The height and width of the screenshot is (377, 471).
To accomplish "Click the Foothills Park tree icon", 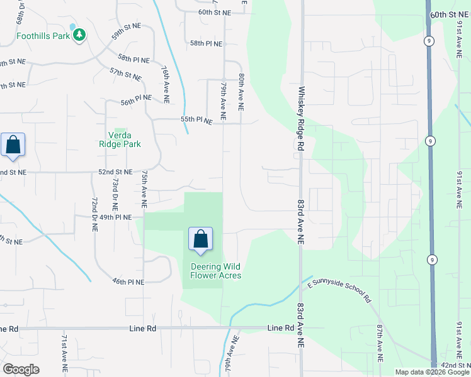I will (x=80, y=36).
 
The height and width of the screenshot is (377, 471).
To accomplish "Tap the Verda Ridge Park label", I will (x=120, y=139).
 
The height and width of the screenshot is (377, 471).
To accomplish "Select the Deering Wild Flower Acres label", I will (x=216, y=271).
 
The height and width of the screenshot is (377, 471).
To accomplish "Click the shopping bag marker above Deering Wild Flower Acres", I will (x=201, y=240).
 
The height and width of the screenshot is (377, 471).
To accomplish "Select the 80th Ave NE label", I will (x=241, y=92).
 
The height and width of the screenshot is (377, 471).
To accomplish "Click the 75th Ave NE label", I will (x=144, y=188).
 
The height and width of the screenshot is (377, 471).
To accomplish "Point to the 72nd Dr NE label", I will (x=94, y=214).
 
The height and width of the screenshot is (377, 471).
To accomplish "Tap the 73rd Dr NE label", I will (x=115, y=193).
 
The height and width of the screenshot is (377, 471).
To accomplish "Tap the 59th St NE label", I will (x=127, y=31).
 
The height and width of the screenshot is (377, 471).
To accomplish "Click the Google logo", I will (x=21, y=369).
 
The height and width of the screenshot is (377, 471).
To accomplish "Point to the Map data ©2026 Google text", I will (x=431, y=372).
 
